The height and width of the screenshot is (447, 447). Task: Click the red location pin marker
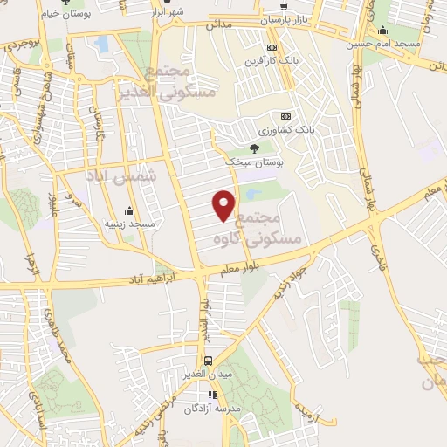(224, 204)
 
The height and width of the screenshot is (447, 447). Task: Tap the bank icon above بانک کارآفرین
(272, 47)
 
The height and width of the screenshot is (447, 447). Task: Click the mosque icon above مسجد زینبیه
(129, 210)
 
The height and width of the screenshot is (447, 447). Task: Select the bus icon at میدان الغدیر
(208, 361)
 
